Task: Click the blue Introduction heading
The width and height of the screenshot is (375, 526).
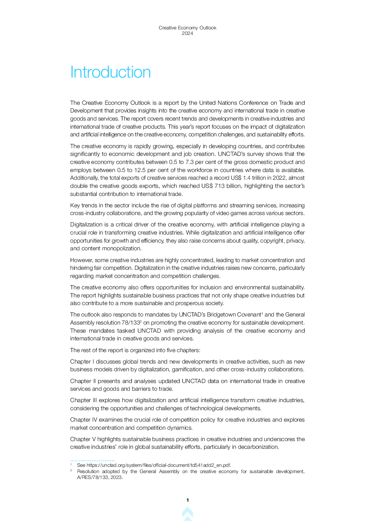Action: [x=110, y=72]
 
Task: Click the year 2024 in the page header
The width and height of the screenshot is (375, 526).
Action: [x=187, y=33]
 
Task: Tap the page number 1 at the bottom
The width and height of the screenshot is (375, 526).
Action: [x=187, y=500]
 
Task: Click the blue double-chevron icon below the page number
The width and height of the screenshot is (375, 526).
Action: [x=187, y=514]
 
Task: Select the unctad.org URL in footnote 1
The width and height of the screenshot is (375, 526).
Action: [x=158, y=465]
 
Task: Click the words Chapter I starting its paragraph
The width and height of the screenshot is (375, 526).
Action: [x=82, y=362]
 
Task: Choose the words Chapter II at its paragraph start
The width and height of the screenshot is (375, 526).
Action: [x=83, y=381]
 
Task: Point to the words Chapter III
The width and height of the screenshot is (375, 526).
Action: [x=83, y=400]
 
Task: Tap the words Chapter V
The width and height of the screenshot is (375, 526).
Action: [x=83, y=439]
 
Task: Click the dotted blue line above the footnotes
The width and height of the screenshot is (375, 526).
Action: [x=92, y=460]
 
